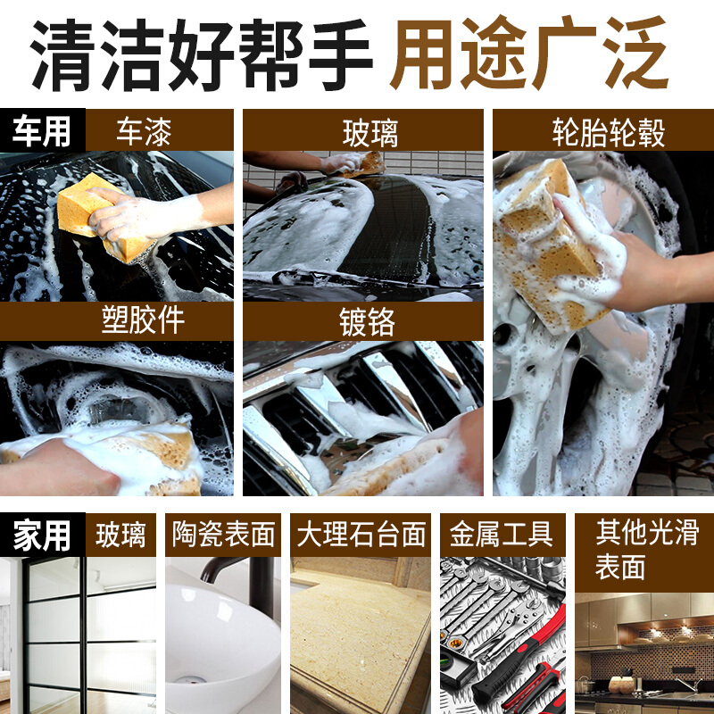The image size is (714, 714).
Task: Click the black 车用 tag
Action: click(42, 130)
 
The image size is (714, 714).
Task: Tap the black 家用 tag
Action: click(42, 535)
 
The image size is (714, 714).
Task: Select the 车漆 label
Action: click(144, 132)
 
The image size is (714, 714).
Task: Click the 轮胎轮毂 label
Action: click(609, 132)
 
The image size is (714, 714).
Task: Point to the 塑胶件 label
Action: click(143, 320)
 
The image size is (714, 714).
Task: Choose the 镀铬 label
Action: click(367, 321)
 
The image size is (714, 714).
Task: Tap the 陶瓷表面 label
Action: click(224, 534)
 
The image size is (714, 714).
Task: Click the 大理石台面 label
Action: click(361, 534)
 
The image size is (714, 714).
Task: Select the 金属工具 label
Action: click(502, 534)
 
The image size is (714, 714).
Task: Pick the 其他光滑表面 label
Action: click(646, 549)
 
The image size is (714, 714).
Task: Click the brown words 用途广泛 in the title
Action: click(529, 53)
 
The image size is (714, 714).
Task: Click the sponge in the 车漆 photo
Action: click(101, 216)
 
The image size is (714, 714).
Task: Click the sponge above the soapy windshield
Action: click(364, 164)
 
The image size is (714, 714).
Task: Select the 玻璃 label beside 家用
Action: click(120, 535)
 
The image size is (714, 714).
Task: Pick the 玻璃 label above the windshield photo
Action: click(370, 133)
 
